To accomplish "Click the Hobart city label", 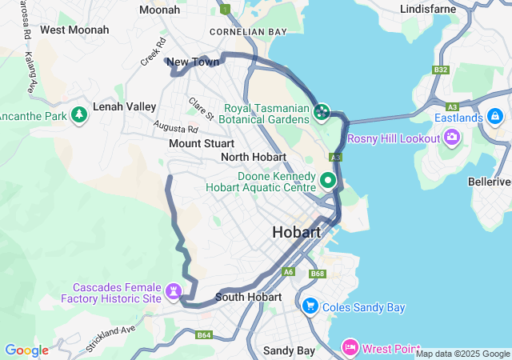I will coord(296,233).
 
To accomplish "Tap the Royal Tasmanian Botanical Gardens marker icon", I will coord(322,111).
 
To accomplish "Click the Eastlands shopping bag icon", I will coord(495,118).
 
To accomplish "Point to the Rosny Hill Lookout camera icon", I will coord(452,138).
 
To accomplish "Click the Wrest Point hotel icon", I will coord(350,347).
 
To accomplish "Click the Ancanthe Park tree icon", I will coord(79,116).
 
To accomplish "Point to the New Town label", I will coord(193,62).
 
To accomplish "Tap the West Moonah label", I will coord(74,30).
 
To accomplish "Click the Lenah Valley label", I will coord(124,106).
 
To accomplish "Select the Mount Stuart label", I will coord(202,143).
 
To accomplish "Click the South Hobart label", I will coord(248,297).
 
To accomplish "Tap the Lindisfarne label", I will coord(428,9).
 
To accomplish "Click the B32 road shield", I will coord(441,70).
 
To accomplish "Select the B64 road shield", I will coord(203,335).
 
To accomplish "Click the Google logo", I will coord(26,350).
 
